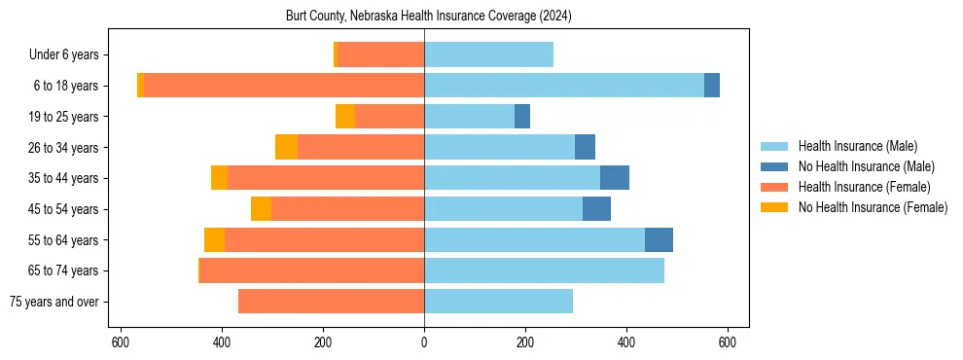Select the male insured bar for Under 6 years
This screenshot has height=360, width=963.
click(x=488, y=54)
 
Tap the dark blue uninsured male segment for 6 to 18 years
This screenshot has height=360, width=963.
click(x=712, y=86)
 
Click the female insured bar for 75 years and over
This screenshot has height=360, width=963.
click(x=331, y=302)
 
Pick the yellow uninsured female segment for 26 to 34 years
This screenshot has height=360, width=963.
click(x=286, y=147)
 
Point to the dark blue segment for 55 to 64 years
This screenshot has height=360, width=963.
click(x=659, y=239)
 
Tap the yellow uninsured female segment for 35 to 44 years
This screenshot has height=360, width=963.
click(x=219, y=178)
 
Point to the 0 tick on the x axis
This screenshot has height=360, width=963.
click(x=424, y=342)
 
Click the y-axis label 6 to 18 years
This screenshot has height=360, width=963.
click(x=65, y=86)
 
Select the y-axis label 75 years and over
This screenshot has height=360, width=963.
click(x=53, y=302)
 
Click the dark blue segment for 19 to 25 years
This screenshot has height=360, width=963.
click(x=522, y=117)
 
